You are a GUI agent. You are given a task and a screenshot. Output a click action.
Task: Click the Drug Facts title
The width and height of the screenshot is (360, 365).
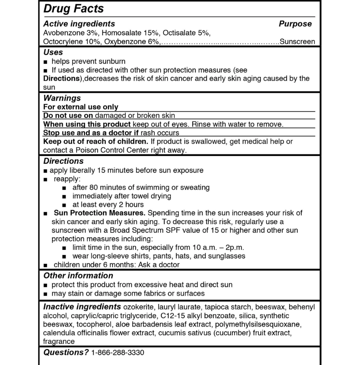(x=73, y=8)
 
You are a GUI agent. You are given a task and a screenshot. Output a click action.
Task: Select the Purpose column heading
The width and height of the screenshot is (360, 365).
(x=295, y=24)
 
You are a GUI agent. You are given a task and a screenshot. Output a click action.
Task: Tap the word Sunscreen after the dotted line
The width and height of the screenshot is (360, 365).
(x=297, y=41)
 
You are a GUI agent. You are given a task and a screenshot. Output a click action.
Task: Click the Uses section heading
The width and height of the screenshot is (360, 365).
(x=53, y=52)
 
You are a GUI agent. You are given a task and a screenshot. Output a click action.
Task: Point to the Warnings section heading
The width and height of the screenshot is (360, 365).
(x=62, y=98)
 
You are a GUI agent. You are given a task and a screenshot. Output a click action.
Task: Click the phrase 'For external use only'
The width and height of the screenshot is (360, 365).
(x=80, y=107)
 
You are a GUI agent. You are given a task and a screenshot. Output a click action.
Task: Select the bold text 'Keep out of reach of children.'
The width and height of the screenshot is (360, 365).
(x=96, y=141)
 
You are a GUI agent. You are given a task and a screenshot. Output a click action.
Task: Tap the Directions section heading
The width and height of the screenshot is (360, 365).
(x=63, y=161)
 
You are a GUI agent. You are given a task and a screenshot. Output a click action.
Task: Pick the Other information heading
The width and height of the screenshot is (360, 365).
(x=78, y=275)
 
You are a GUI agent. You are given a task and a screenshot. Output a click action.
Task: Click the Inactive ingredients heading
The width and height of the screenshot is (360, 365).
(x=82, y=307)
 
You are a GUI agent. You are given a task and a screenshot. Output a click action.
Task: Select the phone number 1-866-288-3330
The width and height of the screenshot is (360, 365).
(x=118, y=352)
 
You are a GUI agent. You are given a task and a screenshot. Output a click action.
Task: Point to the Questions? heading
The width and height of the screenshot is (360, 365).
(x=66, y=352)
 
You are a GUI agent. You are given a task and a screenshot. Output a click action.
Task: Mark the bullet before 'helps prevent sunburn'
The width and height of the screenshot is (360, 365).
(x=46, y=62)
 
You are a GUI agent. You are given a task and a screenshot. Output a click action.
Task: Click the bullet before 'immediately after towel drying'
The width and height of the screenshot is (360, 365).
(x=65, y=196)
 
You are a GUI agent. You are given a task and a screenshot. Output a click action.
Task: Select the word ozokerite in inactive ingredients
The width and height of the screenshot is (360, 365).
(x=139, y=307)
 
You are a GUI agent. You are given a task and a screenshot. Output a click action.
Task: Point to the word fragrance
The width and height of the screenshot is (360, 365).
(x=59, y=341)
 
